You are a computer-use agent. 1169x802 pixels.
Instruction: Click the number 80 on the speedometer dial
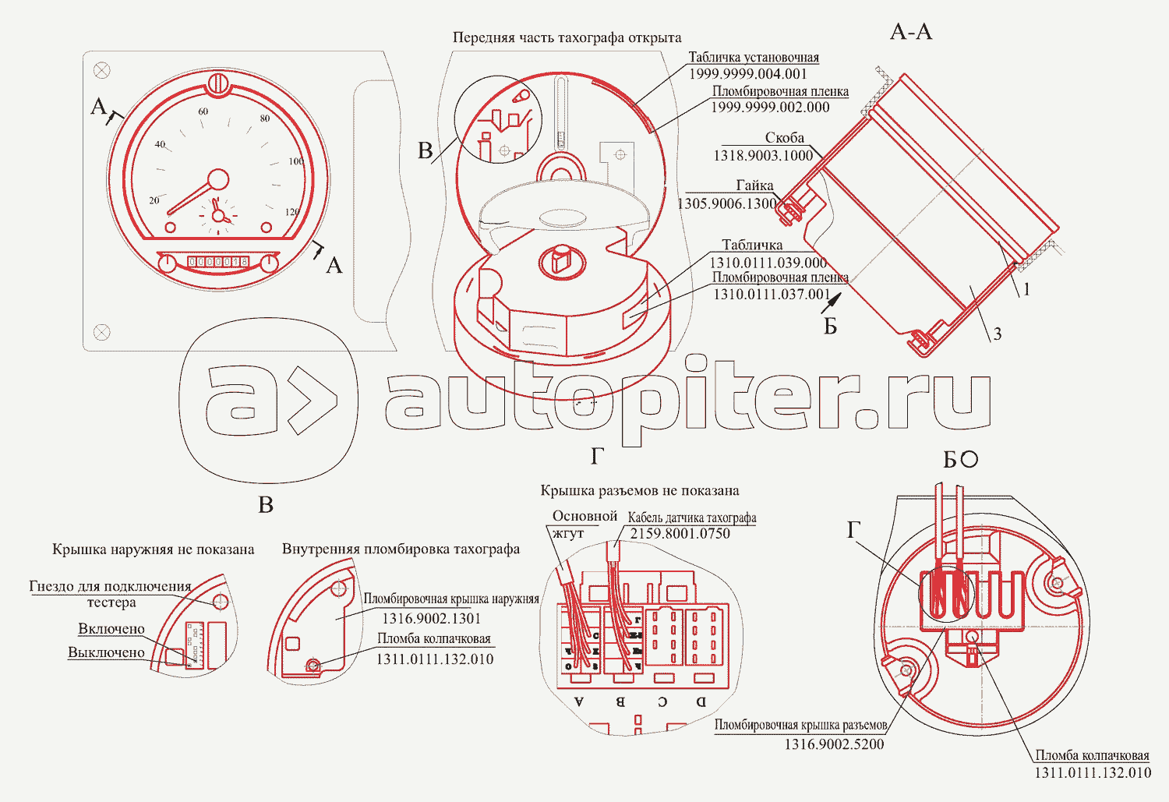click(265, 118)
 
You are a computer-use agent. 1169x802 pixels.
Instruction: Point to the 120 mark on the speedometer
click(292, 212)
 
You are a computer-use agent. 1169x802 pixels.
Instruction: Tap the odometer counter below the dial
click(218, 262)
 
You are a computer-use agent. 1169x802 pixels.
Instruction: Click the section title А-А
click(910, 32)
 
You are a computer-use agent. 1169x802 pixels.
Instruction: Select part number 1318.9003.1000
click(762, 155)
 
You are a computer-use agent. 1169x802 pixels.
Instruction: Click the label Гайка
click(754, 185)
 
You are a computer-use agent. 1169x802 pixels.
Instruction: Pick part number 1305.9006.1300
click(727, 203)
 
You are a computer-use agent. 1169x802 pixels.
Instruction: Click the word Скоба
click(784, 138)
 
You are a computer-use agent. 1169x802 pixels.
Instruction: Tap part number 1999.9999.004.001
click(748, 74)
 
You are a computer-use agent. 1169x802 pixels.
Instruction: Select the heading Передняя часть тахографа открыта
click(567, 37)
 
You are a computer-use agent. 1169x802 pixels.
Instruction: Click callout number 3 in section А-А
click(997, 334)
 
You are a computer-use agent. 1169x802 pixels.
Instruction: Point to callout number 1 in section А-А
click(1026, 290)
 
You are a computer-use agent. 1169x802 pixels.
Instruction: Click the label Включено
click(111, 629)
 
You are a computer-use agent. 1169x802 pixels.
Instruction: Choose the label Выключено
click(106, 652)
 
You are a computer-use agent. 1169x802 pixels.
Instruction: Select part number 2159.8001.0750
click(680, 534)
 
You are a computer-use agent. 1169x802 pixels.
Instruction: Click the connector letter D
click(701, 701)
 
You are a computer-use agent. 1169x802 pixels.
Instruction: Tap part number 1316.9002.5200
click(834, 744)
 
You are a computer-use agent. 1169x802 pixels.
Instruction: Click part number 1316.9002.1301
click(431, 618)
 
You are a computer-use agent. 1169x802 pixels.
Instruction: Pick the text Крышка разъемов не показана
click(639, 490)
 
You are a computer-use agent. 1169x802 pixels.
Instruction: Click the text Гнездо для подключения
click(110, 586)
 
